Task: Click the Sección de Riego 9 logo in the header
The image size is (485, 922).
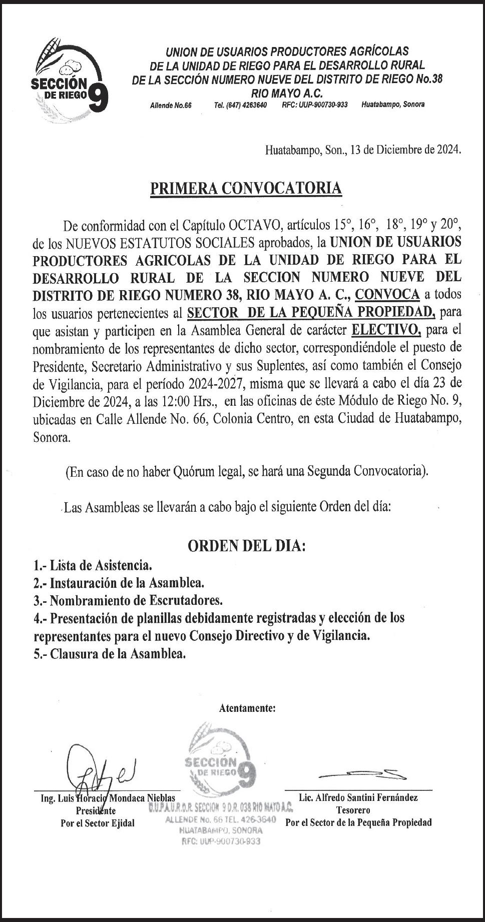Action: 69,80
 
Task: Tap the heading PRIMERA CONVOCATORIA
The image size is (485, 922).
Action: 246,188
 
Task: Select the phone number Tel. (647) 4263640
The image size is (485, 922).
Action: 240,105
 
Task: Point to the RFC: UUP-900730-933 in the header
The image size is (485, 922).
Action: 314,105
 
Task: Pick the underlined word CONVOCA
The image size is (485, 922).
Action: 387,295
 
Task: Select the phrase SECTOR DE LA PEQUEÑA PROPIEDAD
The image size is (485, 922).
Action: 311,313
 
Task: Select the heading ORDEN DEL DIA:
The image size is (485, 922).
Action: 246,546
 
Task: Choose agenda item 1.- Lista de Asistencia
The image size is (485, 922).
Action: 93,566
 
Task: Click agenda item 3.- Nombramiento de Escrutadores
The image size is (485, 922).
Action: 128,600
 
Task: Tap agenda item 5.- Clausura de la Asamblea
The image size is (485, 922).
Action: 110,653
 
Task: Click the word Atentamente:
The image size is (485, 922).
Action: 247,708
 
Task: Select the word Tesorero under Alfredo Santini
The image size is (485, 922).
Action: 353,810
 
